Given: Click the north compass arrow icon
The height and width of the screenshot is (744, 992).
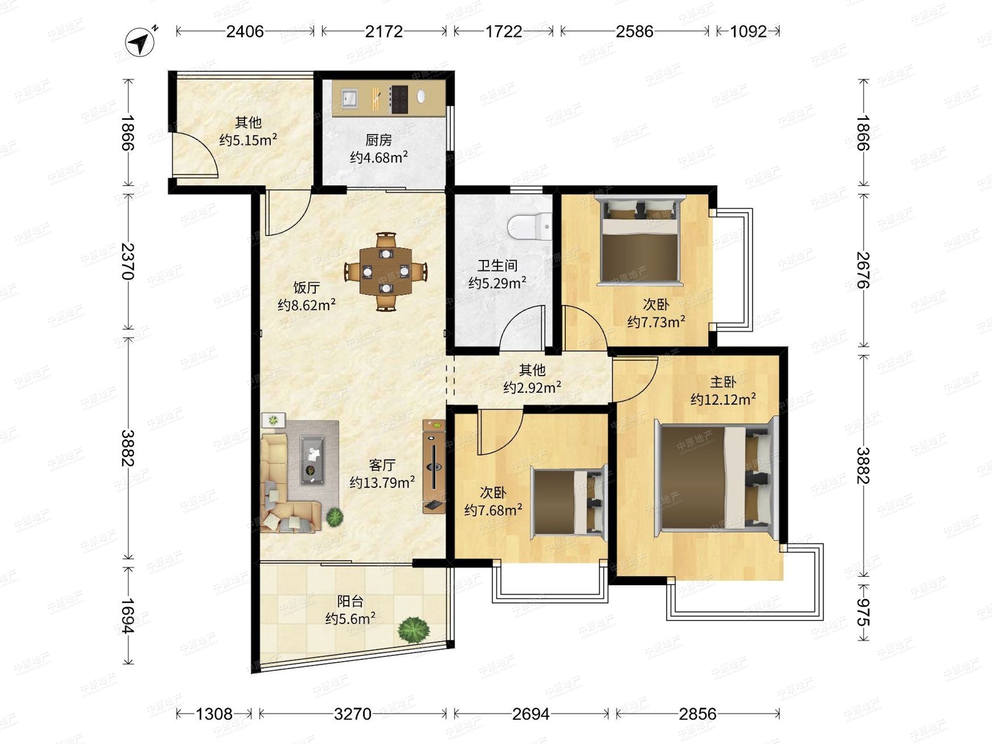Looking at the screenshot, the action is pos(141,42).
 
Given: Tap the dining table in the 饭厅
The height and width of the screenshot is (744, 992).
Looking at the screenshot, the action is pos(386,271).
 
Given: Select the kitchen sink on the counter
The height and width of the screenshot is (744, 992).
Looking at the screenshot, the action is pos(349,97).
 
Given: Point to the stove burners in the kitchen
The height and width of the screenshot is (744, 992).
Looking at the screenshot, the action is pos(399,99).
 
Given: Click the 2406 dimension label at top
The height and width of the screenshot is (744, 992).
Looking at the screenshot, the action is pos(245,31).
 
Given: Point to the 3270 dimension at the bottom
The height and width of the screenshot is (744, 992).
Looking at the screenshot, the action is pos(353,713).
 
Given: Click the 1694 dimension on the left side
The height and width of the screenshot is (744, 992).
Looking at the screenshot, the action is pos(128,615).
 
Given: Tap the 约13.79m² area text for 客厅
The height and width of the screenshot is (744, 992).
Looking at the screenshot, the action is pos(382,482).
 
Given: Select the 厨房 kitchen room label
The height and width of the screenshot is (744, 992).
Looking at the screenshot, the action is pos(379,141).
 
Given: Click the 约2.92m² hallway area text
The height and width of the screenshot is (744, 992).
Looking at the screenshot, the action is pos(532,387).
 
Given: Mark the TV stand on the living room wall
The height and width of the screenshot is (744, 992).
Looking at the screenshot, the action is pos(434,466).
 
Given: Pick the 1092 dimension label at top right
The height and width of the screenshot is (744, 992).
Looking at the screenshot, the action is pos(749,31).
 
